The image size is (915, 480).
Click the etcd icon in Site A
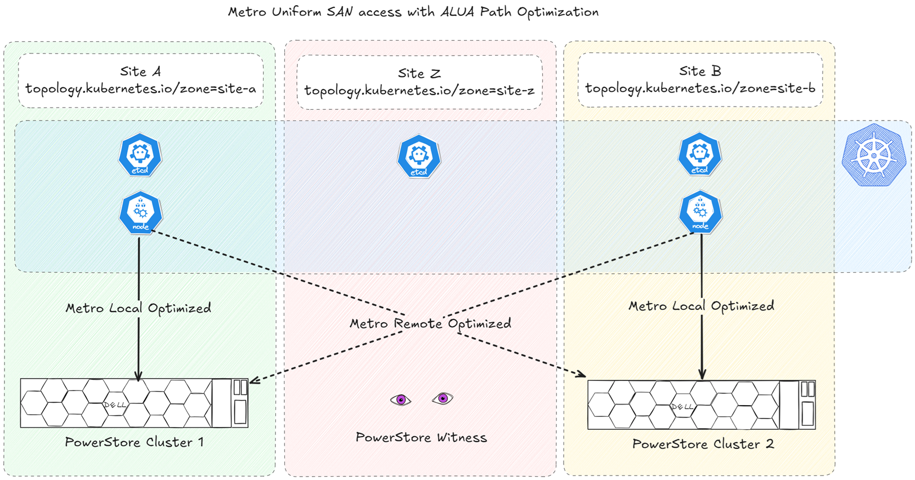tap(140, 155)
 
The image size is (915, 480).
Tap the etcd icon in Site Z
tap(419, 157)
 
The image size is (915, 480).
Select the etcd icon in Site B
tap(699, 154)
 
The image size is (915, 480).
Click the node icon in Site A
tap(141, 212)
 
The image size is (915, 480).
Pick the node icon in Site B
tap(700, 212)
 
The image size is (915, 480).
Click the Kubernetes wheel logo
tap(873, 155)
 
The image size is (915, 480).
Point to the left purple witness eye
tap(401, 400)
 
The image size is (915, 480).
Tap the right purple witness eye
tap(443, 398)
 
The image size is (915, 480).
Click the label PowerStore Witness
tap(421, 437)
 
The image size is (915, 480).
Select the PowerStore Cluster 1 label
tap(134, 442)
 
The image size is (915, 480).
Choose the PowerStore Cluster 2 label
tap(703, 444)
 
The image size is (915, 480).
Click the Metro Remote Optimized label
tap(430, 323)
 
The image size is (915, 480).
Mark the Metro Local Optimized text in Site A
tap(139, 308)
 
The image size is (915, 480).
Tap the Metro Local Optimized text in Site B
tap(701, 306)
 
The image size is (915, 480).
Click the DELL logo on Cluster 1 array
tap(115, 405)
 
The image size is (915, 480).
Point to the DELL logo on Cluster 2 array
tap(682, 406)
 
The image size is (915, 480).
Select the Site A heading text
tap(140, 72)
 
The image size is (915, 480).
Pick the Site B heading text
tap(700, 71)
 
